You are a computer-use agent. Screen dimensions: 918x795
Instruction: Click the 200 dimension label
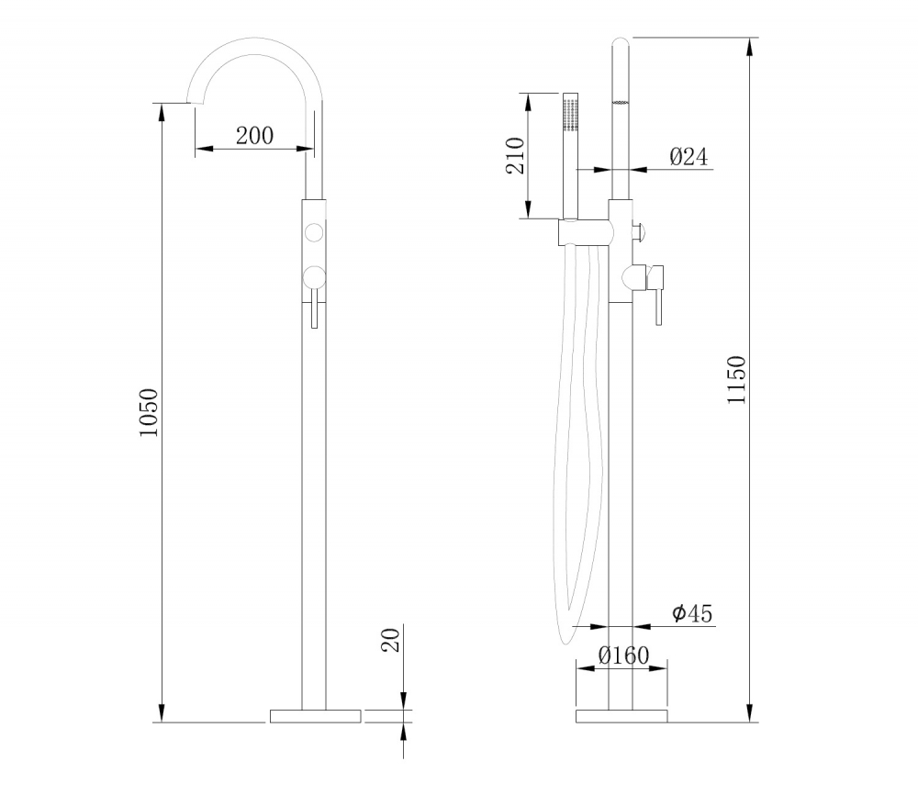click(x=254, y=136)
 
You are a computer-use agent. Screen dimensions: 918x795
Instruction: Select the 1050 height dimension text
click(x=149, y=412)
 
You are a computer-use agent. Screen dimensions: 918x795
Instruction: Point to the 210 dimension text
click(x=515, y=155)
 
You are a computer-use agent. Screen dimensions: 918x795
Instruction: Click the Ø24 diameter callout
click(x=688, y=156)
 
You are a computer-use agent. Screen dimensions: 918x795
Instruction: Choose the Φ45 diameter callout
click(x=692, y=613)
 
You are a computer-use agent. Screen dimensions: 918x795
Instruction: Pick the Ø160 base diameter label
click(x=624, y=655)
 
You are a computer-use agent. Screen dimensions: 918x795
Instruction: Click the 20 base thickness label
click(x=390, y=640)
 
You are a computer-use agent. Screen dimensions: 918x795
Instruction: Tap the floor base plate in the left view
click(x=316, y=716)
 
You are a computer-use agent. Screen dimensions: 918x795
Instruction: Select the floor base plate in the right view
click(x=621, y=716)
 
